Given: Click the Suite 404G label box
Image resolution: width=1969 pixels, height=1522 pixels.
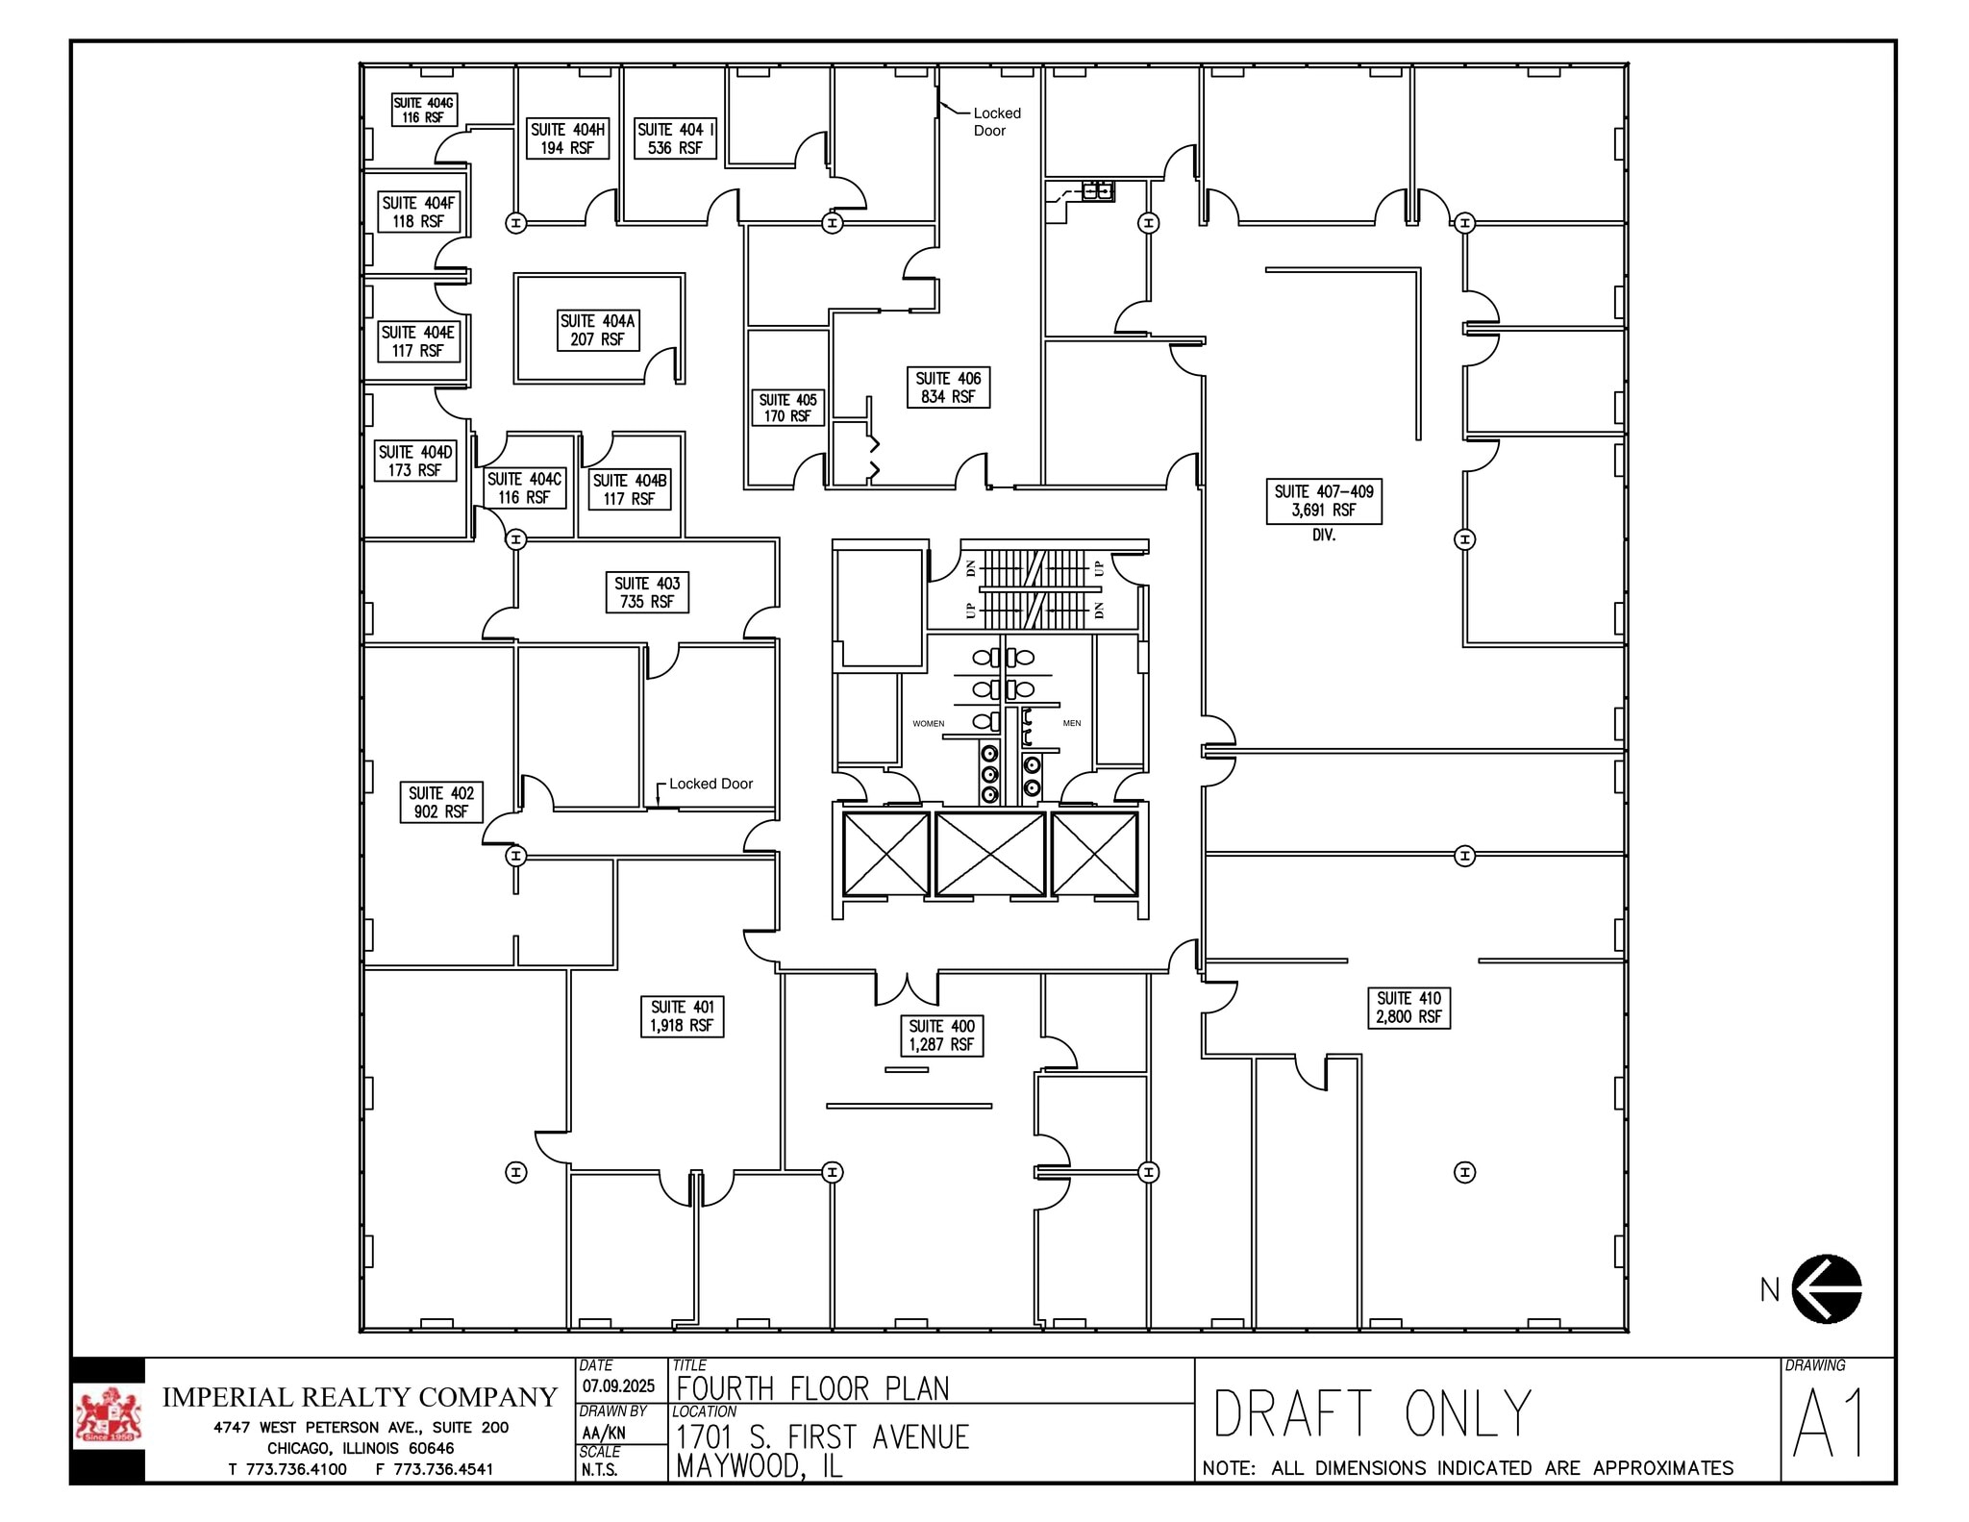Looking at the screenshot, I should tap(423, 110).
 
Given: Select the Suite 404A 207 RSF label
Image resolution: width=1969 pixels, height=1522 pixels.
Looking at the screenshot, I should tap(598, 330).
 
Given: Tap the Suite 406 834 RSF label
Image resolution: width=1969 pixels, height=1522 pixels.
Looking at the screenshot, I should tap(948, 387).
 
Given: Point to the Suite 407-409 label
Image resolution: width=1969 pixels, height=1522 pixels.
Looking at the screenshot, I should tap(1323, 501).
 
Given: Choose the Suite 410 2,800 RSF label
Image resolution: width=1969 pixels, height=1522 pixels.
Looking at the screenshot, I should tap(1408, 1008).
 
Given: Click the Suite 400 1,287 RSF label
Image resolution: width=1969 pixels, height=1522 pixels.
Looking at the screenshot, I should tap(941, 1035).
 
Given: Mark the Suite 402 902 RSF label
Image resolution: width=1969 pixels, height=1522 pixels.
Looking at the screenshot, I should tap(441, 802).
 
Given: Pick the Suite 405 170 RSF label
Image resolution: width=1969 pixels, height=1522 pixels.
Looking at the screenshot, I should tap(787, 408).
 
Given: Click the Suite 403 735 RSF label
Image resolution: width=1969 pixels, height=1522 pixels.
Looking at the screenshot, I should tap(647, 592).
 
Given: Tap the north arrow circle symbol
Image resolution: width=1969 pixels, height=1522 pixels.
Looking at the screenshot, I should tap(1827, 1288).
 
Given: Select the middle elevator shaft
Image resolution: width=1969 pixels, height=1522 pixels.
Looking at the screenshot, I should tap(989, 854).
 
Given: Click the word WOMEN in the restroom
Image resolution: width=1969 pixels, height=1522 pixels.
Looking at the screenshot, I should tap(928, 723).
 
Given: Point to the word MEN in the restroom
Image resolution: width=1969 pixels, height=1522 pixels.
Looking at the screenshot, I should tap(1071, 723).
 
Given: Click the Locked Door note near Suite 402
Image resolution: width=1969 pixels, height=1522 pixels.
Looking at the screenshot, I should tap(710, 784).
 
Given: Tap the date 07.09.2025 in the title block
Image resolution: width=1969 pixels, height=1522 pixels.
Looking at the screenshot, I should tap(618, 1385).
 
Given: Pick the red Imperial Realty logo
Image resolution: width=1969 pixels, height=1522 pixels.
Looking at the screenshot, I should tap(108, 1416).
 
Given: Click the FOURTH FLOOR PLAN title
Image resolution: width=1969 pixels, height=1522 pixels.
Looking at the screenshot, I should tap(812, 1388).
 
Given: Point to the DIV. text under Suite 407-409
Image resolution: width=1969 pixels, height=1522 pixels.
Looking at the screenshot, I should tap(1323, 535).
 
